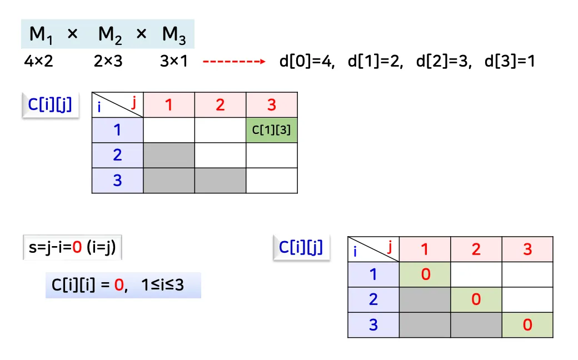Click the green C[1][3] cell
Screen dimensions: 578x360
pyautogui.click(x=271, y=130)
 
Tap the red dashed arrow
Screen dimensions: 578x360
pyautogui.click(x=234, y=61)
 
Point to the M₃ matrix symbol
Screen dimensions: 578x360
pyautogui.click(x=174, y=36)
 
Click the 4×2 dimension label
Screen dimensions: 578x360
pyautogui.click(x=38, y=61)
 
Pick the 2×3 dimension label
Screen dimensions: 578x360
pyautogui.click(x=108, y=61)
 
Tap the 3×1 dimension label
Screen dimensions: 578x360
pyautogui.click(x=173, y=61)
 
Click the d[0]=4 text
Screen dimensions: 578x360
pyautogui.click(x=307, y=61)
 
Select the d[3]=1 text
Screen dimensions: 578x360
pyautogui.click(x=510, y=61)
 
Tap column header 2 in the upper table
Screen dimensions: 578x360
pyautogui.click(x=220, y=104)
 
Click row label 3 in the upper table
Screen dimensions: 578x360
pyautogui.click(x=117, y=180)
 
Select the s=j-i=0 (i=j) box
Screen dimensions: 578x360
pyautogui.click(x=72, y=248)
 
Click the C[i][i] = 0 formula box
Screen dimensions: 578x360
pyautogui.click(x=123, y=286)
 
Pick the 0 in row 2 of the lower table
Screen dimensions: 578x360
pyautogui.click(x=476, y=299)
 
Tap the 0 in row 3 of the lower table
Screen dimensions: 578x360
pyautogui.click(x=527, y=324)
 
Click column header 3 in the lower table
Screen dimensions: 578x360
pyautogui.click(x=527, y=249)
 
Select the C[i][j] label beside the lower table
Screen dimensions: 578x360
pyautogui.click(x=301, y=247)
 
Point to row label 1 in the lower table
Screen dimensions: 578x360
pyautogui.click(x=373, y=274)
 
